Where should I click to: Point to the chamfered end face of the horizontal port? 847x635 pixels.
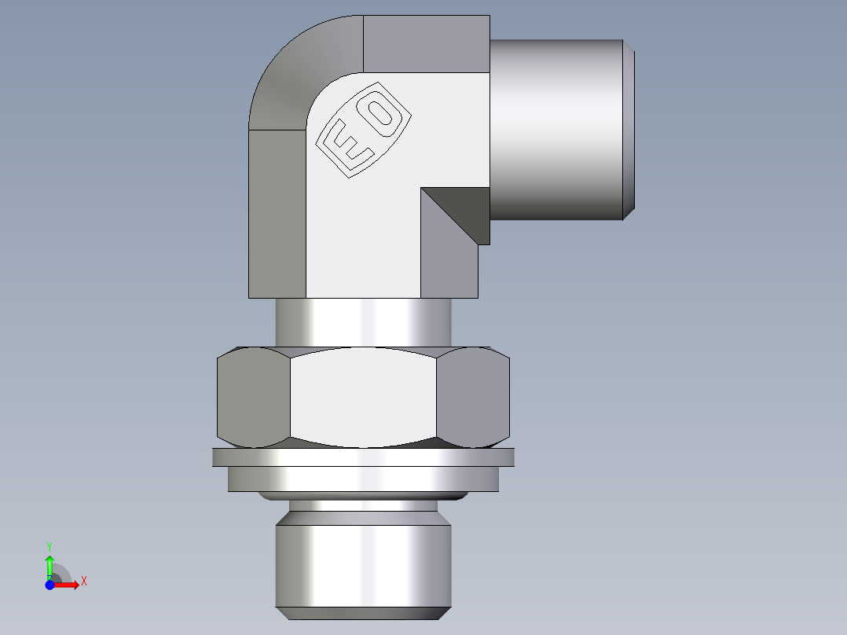[x=629, y=130]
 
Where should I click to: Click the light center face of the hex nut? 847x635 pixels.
[x=363, y=396]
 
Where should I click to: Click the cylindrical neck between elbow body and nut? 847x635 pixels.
[x=363, y=322]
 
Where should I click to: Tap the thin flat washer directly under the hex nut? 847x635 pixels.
[x=363, y=457]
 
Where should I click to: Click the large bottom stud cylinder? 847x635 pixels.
[x=363, y=566]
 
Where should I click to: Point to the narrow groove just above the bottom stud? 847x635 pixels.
[x=363, y=505]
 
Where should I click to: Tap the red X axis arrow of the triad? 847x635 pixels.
[x=67, y=584]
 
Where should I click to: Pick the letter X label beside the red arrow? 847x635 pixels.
[x=84, y=582]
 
